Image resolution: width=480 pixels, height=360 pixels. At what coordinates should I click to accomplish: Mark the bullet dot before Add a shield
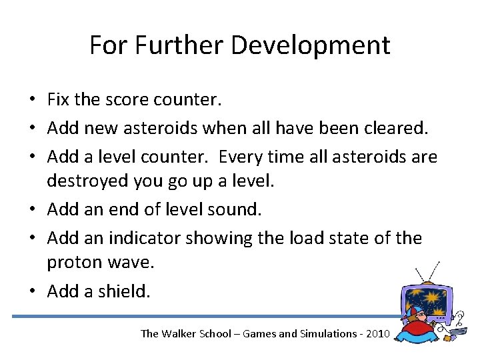coord(32,291)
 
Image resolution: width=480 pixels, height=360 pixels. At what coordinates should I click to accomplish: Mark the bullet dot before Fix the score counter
coord(32,101)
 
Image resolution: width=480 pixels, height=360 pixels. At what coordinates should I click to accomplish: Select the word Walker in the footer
coord(180,333)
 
